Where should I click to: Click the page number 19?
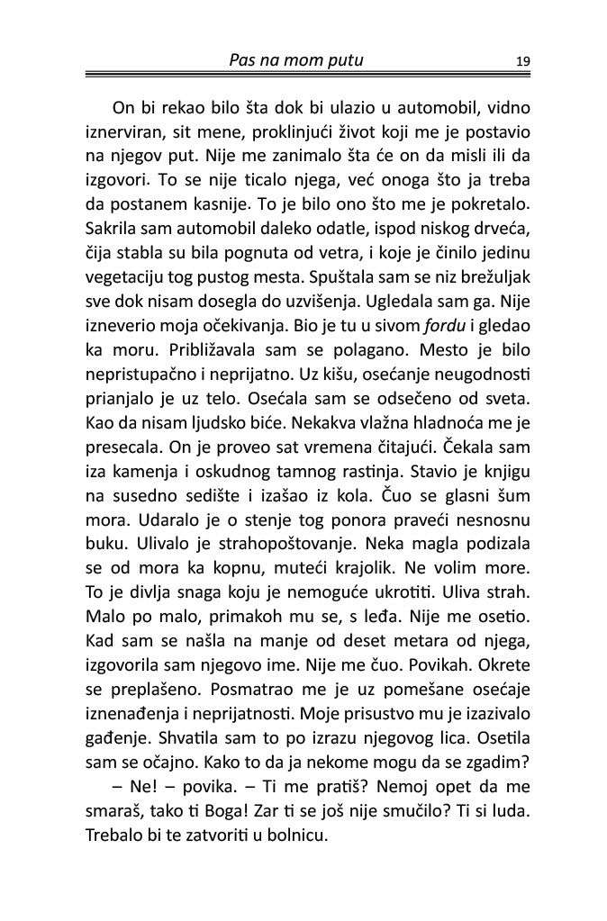pyautogui.click(x=522, y=62)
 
